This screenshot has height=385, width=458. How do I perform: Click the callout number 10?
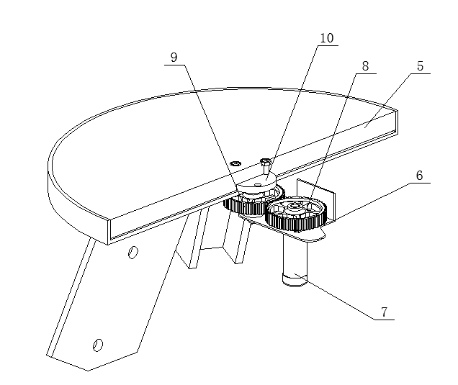coord(327,38)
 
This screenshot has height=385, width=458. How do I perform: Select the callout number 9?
coord(174,58)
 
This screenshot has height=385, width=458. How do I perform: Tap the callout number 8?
coord(365,66)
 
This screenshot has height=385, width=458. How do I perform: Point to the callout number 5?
coord(420,66)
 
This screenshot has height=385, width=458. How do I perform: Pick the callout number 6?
coord(419,176)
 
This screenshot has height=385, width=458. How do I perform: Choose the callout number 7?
coord(384,312)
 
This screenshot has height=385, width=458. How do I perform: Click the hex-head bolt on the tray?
coord(265,166)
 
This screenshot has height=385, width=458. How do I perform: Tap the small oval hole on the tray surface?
coord(235,163)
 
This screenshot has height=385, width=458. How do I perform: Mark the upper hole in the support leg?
coord(133,252)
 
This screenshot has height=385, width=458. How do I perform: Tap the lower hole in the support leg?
coord(97,345)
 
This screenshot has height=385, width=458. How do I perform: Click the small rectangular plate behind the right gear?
coord(316,200)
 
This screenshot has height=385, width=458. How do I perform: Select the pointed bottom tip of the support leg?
coord(88,371)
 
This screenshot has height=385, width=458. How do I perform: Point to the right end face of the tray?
coord(395,123)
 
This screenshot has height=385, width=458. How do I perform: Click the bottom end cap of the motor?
coord(295,281)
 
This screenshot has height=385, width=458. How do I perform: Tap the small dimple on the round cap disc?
coord(257,184)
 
